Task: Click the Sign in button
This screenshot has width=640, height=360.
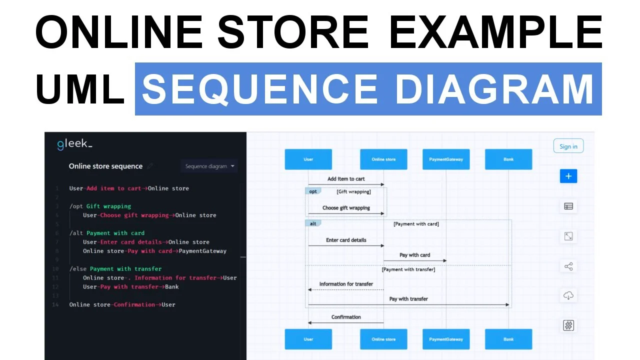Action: [568, 146]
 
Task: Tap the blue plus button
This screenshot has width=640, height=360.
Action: [568, 176]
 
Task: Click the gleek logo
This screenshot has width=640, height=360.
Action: [74, 144]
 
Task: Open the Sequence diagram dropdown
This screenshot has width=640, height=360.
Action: [209, 166]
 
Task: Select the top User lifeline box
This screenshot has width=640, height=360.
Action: [308, 159]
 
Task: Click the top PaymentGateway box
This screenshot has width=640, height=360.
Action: [446, 159]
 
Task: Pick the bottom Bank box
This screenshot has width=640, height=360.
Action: [508, 339]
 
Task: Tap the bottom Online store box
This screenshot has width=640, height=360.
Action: [383, 339]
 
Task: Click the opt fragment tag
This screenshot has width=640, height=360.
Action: [313, 191]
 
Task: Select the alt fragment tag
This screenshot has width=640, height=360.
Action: [313, 223]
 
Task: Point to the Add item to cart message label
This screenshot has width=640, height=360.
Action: [346, 179]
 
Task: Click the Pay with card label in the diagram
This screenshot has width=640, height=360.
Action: [414, 255]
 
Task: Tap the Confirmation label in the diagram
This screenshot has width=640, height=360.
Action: [346, 317]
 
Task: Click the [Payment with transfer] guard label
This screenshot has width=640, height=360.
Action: [408, 269]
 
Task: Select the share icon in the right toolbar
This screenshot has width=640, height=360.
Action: [568, 266]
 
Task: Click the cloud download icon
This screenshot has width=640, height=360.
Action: [568, 295]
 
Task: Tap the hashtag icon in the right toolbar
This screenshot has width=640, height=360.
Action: [568, 325]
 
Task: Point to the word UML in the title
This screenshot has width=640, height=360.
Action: [80, 89]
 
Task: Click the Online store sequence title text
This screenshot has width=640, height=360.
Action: [105, 166]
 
